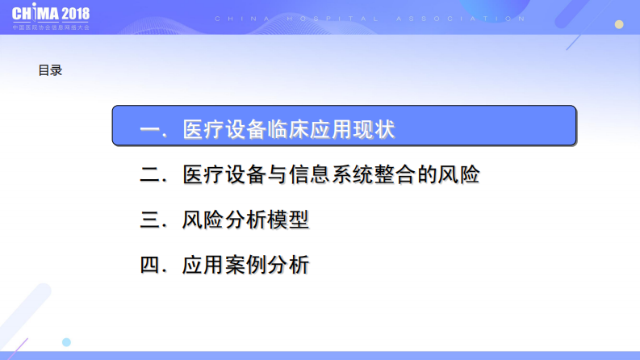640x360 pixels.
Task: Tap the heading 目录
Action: [50, 70]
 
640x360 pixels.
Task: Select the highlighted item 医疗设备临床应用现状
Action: [344, 127]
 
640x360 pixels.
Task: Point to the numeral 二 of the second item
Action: [151, 174]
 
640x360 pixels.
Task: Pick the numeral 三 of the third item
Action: [151, 220]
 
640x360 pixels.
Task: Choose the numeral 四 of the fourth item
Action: [151, 264]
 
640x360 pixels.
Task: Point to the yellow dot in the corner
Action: [620, 24]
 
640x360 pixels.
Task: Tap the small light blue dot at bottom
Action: [66, 342]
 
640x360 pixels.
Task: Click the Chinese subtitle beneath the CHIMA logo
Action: [51, 27]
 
